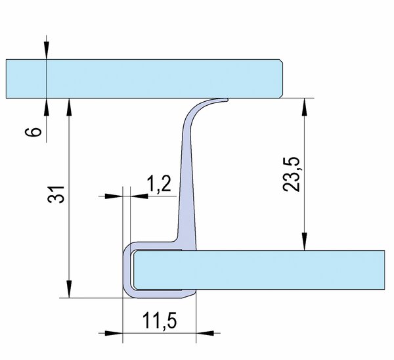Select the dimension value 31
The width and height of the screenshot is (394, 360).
pos(56,194)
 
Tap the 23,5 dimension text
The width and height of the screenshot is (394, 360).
pos(292,174)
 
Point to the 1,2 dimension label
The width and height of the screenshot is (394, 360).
pos(159,184)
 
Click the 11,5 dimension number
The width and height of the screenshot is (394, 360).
pos(160,321)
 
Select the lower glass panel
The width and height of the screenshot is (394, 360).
pos(259,270)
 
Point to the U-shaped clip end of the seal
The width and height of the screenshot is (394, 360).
pos(127,270)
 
